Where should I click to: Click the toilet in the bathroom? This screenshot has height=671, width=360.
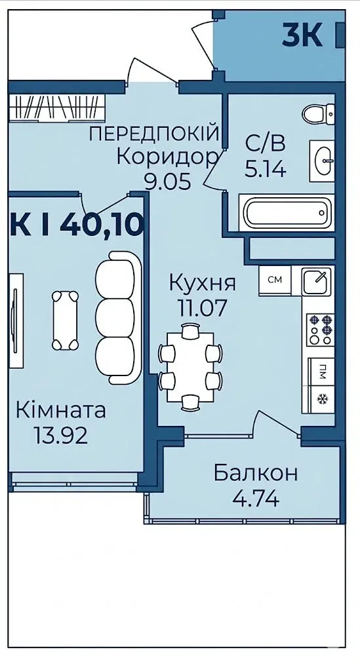318,113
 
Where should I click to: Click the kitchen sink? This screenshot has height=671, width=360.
316,281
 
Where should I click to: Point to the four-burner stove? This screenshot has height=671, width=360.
320,329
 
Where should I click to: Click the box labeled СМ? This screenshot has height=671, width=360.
274,280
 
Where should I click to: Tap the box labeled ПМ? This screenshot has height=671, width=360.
321,372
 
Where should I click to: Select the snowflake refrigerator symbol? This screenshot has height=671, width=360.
321,399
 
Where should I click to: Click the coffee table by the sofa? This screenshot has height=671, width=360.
66,320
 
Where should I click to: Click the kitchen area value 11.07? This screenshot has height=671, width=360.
202,308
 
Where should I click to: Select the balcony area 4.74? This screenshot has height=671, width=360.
256,498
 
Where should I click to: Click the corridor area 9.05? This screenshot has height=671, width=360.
167,182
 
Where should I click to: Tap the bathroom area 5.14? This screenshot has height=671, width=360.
266,170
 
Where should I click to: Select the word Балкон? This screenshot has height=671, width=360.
256,473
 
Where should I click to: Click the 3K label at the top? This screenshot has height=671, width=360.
302,35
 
